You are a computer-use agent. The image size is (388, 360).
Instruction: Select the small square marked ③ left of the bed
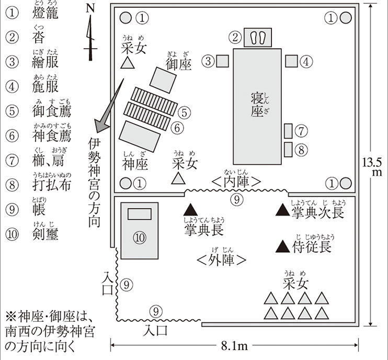(x=223, y=61)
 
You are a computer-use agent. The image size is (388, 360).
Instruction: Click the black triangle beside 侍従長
(x=283, y=245)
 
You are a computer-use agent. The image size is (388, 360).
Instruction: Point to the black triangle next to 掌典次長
(x=282, y=210)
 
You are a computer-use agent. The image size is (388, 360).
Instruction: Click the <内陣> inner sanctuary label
(x=236, y=181)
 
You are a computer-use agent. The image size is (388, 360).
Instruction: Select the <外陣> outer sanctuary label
(x=222, y=260)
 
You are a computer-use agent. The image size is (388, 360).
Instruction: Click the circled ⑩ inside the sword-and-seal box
(x=139, y=237)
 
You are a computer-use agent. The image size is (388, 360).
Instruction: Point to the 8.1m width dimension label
(x=234, y=346)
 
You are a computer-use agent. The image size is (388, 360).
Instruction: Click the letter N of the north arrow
(x=89, y=9)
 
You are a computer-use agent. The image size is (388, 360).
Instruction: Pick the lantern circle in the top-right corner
(x=346, y=18)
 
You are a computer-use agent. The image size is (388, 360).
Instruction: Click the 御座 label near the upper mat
(x=179, y=64)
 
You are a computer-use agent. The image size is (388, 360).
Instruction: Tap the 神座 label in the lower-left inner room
(x=135, y=164)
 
